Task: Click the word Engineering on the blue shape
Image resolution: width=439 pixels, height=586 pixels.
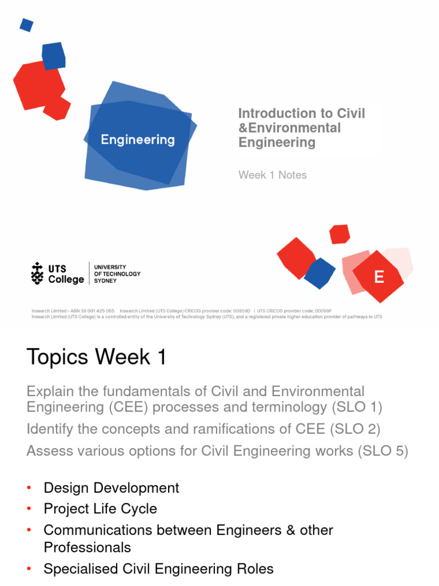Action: (x=138, y=140)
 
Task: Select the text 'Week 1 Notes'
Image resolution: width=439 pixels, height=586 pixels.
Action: (x=273, y=175)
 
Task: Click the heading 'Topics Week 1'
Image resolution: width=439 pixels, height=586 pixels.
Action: (x=97, y=357)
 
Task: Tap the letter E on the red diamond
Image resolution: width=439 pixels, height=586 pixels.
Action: (x=378, y=277)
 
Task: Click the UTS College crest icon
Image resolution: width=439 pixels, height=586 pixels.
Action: (x=38, y=274)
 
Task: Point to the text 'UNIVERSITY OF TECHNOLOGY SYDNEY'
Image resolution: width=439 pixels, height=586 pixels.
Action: (x=117, y=274)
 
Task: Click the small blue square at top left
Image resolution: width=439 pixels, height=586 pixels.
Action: (x=26, y=25)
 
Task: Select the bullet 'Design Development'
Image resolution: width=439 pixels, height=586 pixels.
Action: (x=111, y=488)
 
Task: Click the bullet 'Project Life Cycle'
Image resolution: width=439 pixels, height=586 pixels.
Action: (x=100, y=509)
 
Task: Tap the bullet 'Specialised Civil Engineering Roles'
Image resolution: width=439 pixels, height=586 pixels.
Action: (x=158, y=568)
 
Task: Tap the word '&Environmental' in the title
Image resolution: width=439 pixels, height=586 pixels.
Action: (x=289, y=128)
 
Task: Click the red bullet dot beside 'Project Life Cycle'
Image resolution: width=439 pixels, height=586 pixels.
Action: (x=29, y=509)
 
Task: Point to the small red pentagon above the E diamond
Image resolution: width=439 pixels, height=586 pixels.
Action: (x=340, y=233)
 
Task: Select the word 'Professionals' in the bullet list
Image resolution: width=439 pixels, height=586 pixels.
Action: (x=87, y=547)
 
